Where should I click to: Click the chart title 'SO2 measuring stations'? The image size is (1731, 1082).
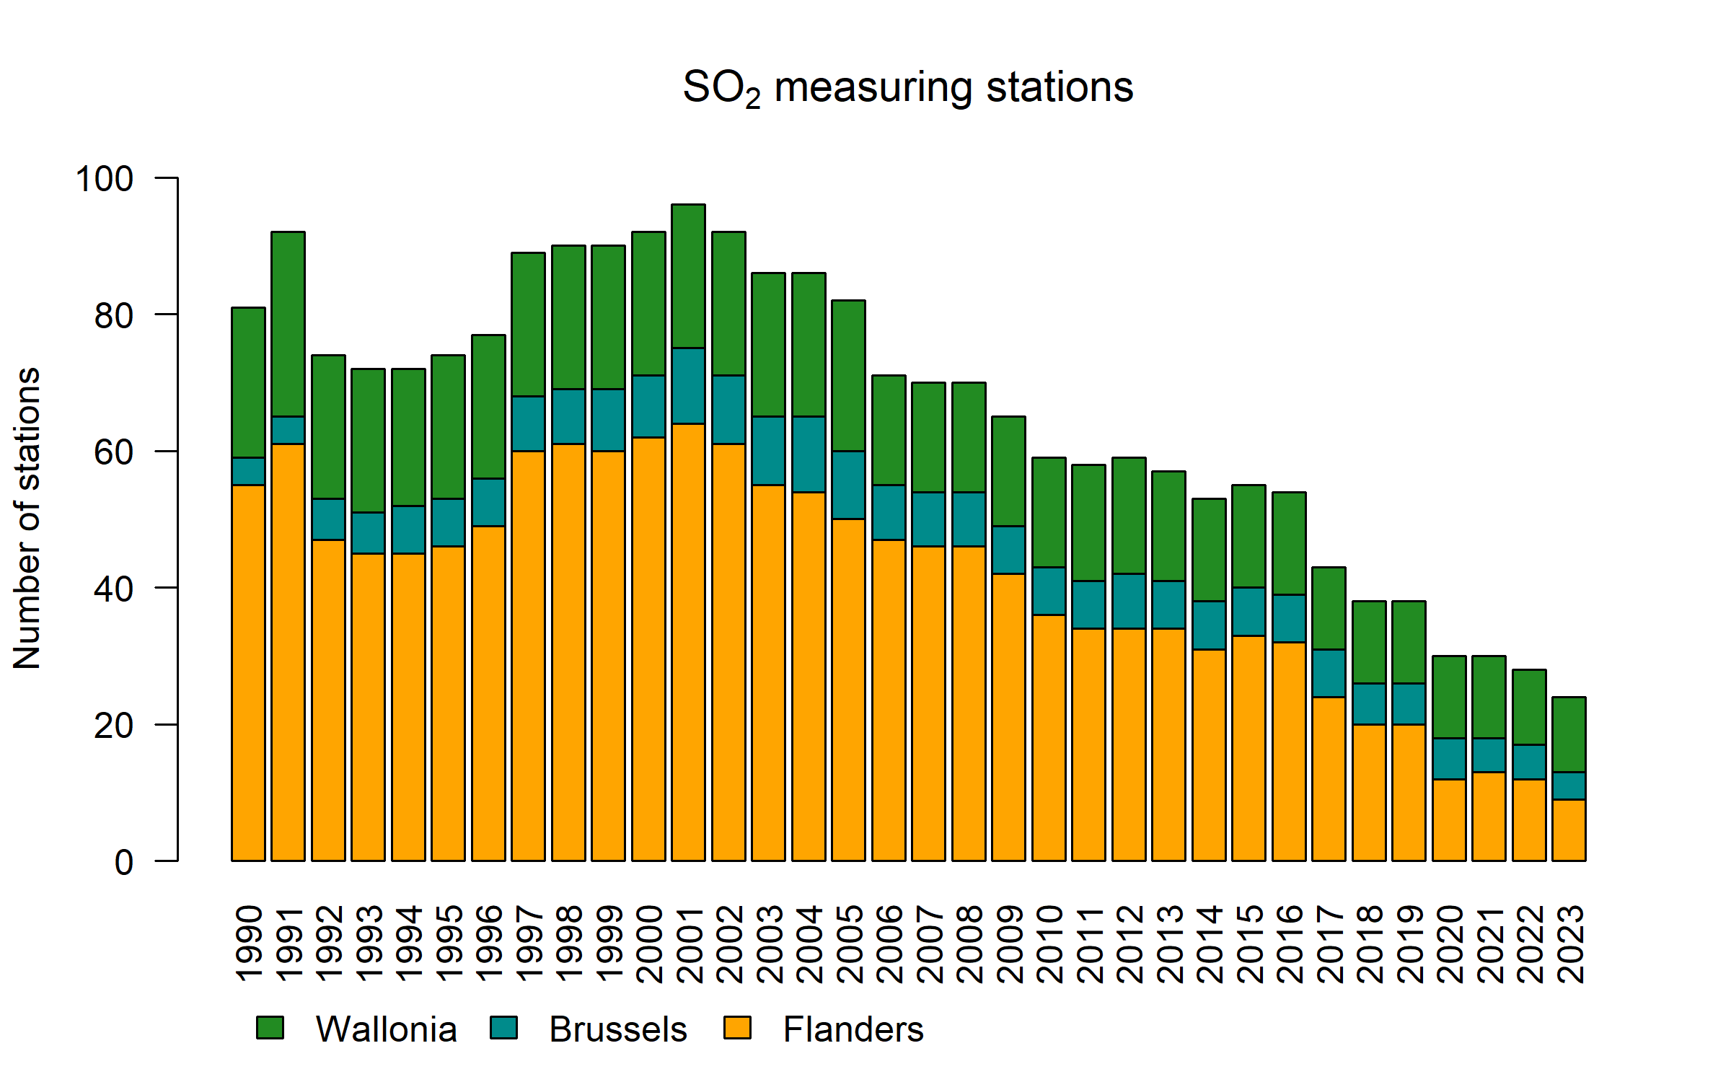tap(907, 88)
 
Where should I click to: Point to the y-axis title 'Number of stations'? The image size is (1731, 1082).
tap(27, 519)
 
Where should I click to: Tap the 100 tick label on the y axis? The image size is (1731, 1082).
tap(105, 178)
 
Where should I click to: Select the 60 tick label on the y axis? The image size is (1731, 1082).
tap(114, 452)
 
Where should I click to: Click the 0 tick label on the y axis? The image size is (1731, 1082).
tap(124, 863)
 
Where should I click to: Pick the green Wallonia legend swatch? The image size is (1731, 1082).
tap(270, 1027)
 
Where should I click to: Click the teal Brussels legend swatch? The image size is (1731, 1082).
tap(503, 1027)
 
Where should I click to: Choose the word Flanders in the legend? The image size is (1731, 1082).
tap(853, 1029)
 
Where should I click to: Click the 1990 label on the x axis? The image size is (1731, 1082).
tap(249, 944)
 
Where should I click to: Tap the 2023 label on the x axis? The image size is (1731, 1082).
tap(1569, 944)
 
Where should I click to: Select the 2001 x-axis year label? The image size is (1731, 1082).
tap(689, 944)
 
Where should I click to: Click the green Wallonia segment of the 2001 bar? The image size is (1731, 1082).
tap(688, 276)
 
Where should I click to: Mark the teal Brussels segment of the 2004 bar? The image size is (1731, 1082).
tap(809, 454)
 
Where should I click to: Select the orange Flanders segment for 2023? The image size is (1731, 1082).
tap(1569, 830)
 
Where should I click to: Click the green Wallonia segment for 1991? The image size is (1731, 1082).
tap(288, 324)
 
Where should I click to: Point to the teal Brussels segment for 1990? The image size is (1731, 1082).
tap(248, 471)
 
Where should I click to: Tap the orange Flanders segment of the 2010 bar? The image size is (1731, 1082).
tap(1049, 737)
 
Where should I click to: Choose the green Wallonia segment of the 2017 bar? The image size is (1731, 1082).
tap(1329, 608)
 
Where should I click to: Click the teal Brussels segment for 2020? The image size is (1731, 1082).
tap(1449, 758)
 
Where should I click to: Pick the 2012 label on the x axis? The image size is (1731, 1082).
tap(1129, 944)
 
